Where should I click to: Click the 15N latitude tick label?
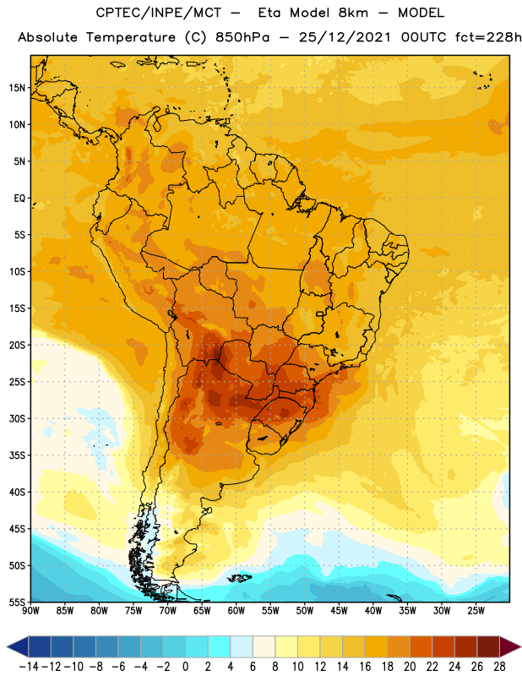pos(17,88)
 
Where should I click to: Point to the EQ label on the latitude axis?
pos(19,199)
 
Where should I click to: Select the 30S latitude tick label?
pos(17,418)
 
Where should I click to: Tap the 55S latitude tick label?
pos(17,602)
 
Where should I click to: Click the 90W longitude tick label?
pos(30,611)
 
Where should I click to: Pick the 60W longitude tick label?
pos(237,611)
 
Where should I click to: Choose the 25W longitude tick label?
pos(476,611)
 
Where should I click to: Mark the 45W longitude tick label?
pos(339,611)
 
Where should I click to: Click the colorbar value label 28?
pos(499,667)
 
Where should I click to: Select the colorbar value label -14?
pos(29,667)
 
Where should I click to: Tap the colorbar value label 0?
pos(185,667)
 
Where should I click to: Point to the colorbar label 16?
pos(365,667)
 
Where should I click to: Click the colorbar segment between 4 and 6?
pos(242,646)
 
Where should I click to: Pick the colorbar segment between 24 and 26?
pos(465,646)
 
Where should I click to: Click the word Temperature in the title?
pos(131,38)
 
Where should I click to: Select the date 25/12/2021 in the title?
pos(345,37)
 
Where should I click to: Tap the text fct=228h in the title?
pos(488,37)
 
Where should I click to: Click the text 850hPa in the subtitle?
pos(242,37)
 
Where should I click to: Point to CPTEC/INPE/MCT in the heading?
pos(158,13)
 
